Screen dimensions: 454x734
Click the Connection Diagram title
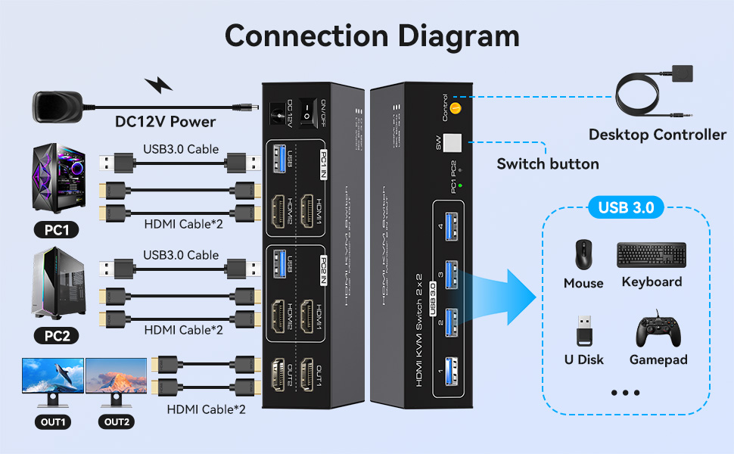(372, 36)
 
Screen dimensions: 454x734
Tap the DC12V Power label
(165, 122)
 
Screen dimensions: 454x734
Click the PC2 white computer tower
(58, 285)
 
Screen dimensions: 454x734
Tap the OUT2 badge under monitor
(117, 422)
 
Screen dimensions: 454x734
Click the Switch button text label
(547, 164)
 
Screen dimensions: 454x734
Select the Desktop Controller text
(657, 135)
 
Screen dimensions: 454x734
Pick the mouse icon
(583, 255)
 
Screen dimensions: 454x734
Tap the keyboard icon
(652, 255)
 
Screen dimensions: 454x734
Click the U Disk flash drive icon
(583, 331)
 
